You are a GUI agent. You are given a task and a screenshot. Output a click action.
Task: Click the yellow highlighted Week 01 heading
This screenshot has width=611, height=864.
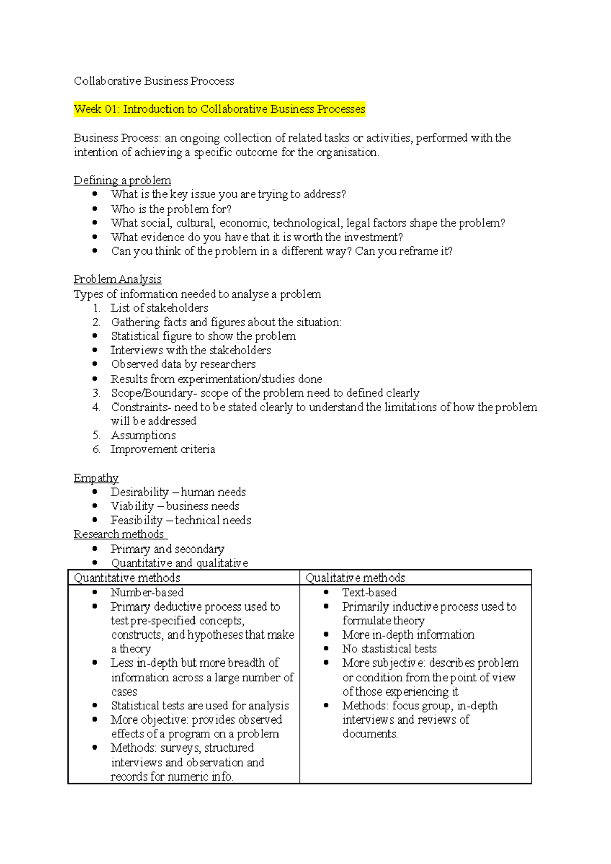(x=219, y=109)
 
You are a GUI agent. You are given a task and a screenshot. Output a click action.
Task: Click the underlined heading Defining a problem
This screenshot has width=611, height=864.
(x=122, y=180)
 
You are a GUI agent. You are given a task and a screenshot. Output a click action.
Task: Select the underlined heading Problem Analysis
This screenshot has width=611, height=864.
(x=118, y=279)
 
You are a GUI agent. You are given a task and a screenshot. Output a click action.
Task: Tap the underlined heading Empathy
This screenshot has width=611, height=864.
(x=96, y=478)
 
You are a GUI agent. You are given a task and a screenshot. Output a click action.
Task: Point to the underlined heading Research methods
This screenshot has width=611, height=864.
(x=119, y=534)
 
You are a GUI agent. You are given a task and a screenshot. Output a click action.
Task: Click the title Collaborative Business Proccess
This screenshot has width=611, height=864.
(x=154, y=81)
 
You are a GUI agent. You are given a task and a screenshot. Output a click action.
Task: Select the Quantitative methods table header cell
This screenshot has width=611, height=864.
(x=127, y=578)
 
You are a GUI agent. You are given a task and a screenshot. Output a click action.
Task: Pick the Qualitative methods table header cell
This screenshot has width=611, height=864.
(x=355, y=578)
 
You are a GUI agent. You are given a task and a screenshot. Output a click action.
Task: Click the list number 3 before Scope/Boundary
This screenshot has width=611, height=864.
(x=96, y=393)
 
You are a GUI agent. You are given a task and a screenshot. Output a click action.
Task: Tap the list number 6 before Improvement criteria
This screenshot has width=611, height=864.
(x=96, y=450)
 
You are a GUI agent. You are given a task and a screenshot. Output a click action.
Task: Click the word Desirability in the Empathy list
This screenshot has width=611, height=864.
(x=140, y=492)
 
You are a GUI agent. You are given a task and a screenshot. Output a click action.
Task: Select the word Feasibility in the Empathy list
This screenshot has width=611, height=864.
(x=136, y=521)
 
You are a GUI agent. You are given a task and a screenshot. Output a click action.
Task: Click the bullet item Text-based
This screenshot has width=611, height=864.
(x=369, y=593)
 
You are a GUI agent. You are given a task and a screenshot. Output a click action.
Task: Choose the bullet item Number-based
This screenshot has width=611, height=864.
(x=147, y=593)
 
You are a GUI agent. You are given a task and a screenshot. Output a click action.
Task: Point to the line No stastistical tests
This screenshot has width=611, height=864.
(x=390, y=649)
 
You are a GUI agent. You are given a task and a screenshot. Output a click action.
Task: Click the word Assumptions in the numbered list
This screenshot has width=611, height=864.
(x=143, y=436)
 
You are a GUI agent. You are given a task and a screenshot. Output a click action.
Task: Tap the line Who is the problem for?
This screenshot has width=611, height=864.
(x=171, y=209)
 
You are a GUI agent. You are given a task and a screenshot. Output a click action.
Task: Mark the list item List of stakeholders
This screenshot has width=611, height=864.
(x=159, y=308)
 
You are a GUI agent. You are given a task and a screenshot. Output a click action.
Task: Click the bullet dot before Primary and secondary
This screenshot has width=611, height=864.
(x=95, y=549)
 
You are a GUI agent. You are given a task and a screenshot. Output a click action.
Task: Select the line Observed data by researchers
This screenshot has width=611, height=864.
(x=183, y=364)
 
